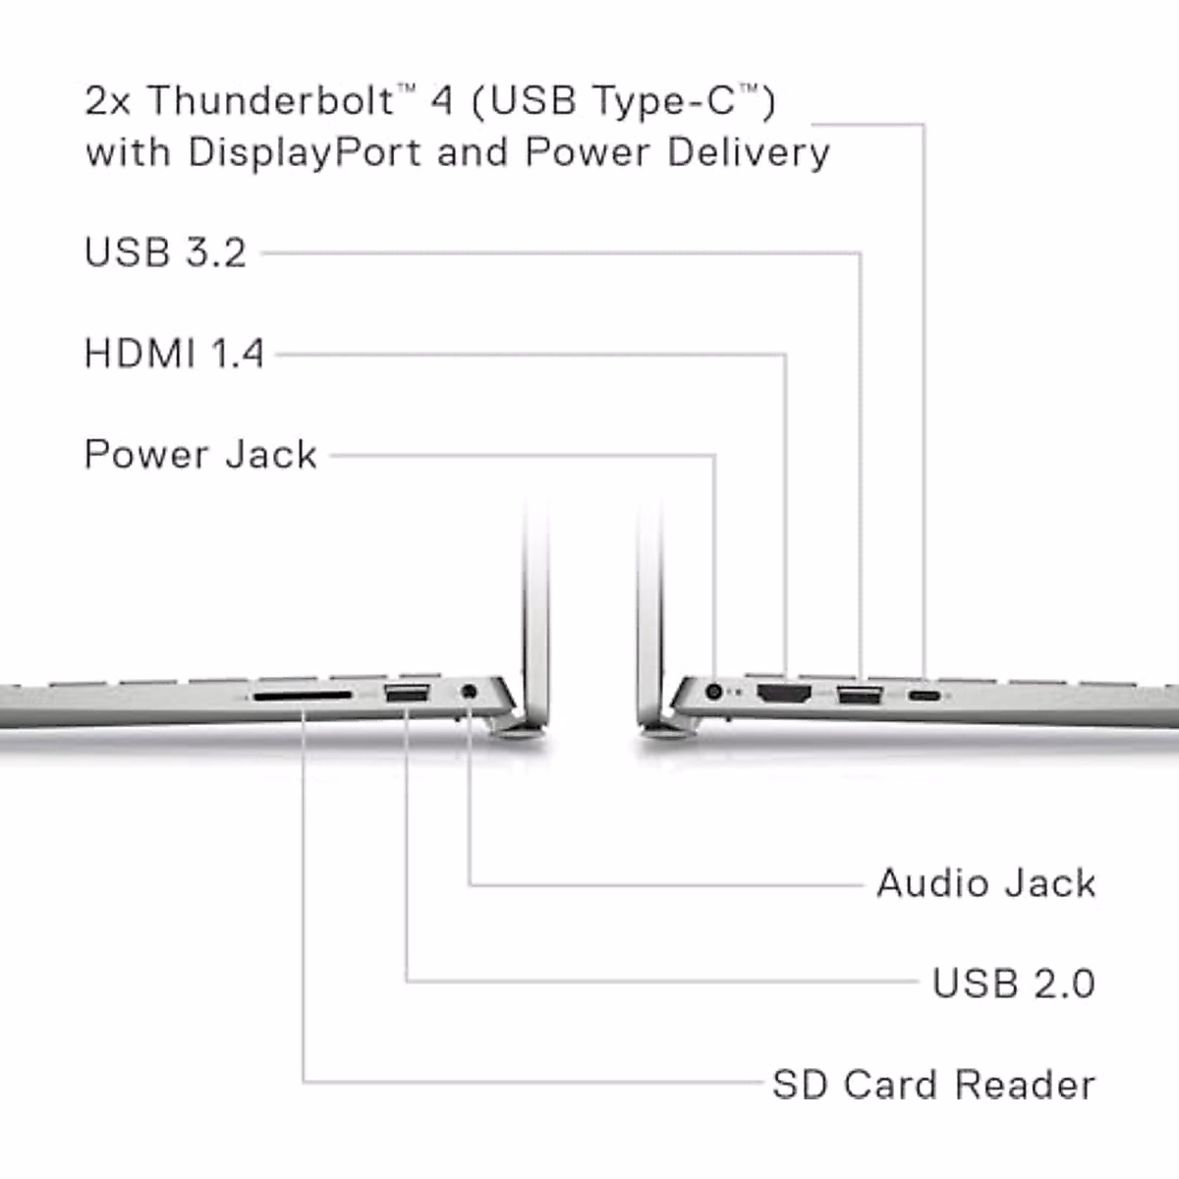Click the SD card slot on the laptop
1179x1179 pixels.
pyautogui.click(x=303, y=696)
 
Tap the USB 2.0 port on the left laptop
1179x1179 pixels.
pyautogui.click(x=406, y=695)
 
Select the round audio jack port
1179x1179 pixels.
pyautogui.click(x=470, y=693)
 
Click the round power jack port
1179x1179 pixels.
pyautogui.click(x=714, y=693)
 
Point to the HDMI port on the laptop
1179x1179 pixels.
pyautogui.click(x=784, y=696)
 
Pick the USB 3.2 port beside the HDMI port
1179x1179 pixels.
pyautogui.click(x=859, y=697)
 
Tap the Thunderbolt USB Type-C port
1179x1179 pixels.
pyautogui.click(x=924, y=696)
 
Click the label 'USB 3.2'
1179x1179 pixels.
pyautogui.click(x=165, y=253)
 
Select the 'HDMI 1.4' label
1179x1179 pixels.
pyautogui.click(x=174, y=354)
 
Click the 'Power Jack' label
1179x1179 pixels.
pyautogui.click(x=200, y=455)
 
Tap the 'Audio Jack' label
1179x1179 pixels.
pyautogui.click(x=985, y=883)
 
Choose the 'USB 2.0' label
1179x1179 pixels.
pyautogui.click(x=1013, y=983)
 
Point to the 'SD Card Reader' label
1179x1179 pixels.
pyautogui.click(x=933, y=1085)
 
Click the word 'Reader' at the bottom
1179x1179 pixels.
pyautogui.click(x=1025, y=1085)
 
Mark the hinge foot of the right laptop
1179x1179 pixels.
pyautogui.click(x=666, y=727)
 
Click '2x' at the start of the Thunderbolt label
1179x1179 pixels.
pyautogui.click(x=108, y=101)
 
